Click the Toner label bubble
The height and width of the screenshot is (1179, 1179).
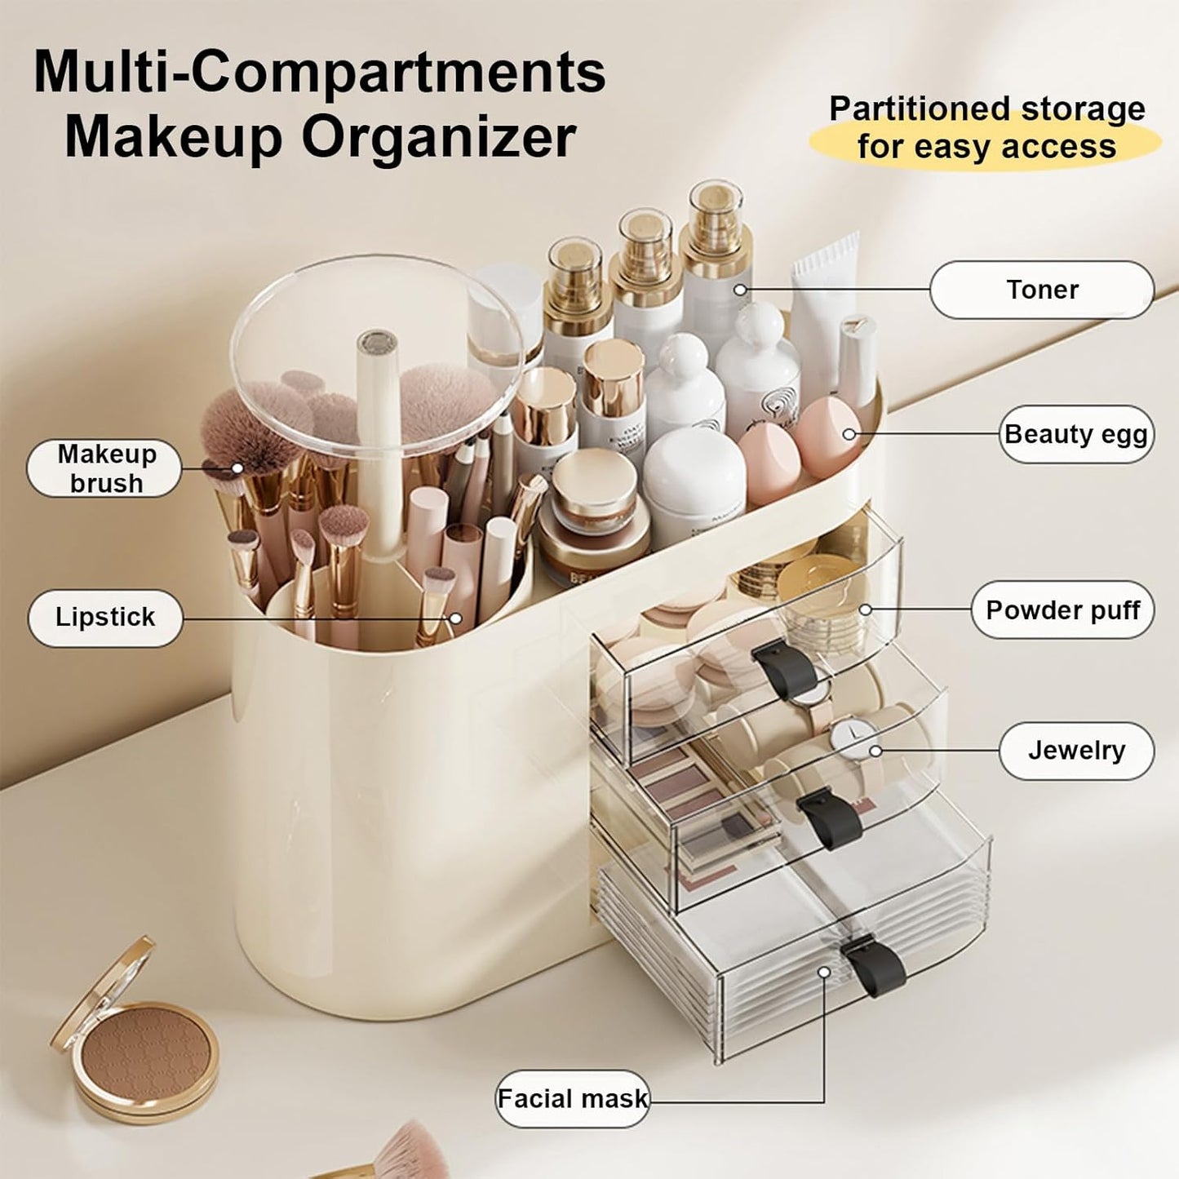(x=1041, y=290)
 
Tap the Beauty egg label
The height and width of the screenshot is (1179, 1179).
(x=1075, y=434)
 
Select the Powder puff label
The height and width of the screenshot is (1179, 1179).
(x=1062, y=609)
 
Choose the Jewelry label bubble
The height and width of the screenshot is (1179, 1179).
(x=1075, y=750)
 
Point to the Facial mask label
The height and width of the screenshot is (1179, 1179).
(x=572, y=1098)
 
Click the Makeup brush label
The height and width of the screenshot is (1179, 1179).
(x=105, y=468)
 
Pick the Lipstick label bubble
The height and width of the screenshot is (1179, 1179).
(x=104, y=617)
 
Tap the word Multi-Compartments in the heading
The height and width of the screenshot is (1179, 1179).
(x=319, y=72)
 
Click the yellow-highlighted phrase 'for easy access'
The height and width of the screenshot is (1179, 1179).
(x=986, y=147)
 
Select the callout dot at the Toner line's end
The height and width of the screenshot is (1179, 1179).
(x=740, y=290)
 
